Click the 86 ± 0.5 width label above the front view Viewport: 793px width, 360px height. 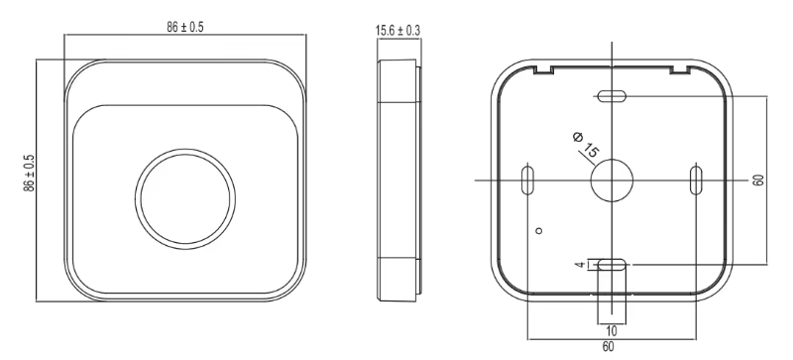tap(185, 28)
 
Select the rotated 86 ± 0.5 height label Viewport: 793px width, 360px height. tap(30, 174)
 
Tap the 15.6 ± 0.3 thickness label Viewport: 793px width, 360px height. tap(397, 31)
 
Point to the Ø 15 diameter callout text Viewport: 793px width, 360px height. tap(586, 145)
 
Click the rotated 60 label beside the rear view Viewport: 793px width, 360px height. tap(757, 180)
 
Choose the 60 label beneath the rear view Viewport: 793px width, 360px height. tap(608, 347)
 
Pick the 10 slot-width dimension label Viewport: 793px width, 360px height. tap(612, 331)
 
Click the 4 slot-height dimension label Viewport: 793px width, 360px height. tap(580, 265)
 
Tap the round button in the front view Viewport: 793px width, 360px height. tap(185, 198)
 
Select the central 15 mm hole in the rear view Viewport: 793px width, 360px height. tap(612, 180)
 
